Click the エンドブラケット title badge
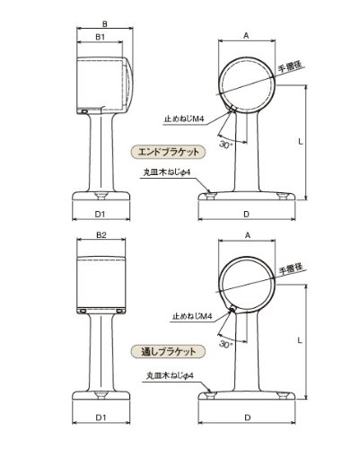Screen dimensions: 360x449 pos(169,152)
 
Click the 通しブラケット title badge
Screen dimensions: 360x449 pos(169,351)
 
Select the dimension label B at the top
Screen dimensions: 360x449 pos(105,23)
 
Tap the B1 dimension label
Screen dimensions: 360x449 pos(100,37)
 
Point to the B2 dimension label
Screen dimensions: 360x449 pos(101,235)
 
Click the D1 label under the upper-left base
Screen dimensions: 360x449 pos(100,215)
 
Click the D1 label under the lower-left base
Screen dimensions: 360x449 pos(101,418)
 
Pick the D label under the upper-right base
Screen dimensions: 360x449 pos(246,215)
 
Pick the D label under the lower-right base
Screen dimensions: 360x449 pos(247,418)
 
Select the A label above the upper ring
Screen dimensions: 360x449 pos(246,36)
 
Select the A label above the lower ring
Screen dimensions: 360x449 pos(247,235)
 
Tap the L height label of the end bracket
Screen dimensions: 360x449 pos(301,141)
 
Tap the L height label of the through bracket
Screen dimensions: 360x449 pos(300,340)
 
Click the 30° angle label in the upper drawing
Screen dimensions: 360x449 pos(225,145)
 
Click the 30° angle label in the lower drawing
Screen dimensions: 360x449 pos(225,344)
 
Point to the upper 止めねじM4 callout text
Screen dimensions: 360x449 pos(184,119)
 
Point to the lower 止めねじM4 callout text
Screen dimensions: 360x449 pos(192,316)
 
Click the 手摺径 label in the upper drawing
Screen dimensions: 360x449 pos(290,67)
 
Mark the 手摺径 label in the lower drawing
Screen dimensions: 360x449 pos(291,269)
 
